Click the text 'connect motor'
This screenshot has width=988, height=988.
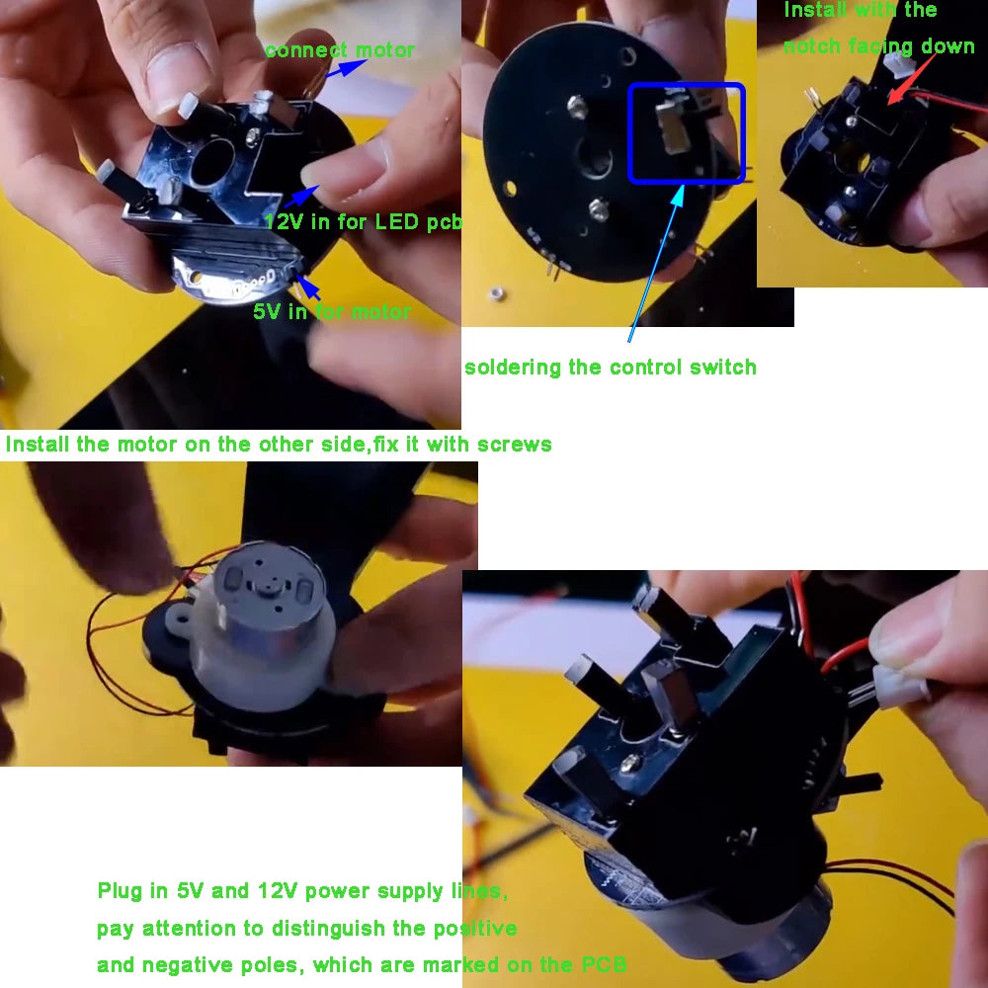[340, 50]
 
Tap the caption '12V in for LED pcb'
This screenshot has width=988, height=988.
[364, 221]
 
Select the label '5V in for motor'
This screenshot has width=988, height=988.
[332, 311]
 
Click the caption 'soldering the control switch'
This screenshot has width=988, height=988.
[610, 368]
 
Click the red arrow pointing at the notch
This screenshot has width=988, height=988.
[912, 79]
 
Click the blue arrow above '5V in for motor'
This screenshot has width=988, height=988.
[307, 288]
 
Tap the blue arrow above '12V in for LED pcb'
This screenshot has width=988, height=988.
[301, 196]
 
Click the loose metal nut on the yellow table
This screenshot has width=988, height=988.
[498, 293]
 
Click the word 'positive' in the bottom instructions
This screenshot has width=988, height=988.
[475, 928]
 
